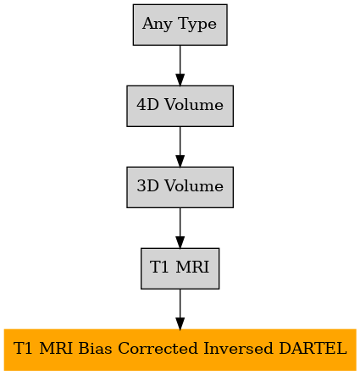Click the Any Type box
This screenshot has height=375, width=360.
tap(180, 25)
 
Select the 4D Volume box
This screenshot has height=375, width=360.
tap(180, 106)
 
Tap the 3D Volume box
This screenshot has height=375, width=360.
tap(180, 187)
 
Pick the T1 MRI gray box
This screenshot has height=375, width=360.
tap(180, 268)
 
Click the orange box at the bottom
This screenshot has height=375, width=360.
tap(180, 350)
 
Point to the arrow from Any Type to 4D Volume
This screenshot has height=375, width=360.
tap(180, 65)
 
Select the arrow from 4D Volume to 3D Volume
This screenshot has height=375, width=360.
tap(180, 146)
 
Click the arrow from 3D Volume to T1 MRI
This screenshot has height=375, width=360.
tap(180, 228)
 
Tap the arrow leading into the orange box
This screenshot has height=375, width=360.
tap(180, 309)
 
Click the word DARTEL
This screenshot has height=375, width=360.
tap(313, 348)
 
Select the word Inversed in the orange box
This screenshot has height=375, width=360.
tap(238, 348)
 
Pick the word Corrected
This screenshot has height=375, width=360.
tap(158, 348)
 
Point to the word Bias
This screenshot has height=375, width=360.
tap(95, 348)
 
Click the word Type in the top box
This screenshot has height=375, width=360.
tap(197, 25)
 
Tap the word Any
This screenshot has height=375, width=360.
tap(157, 25)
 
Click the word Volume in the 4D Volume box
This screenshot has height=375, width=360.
tap(194, 105)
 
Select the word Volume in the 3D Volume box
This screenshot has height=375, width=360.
tap(194, 186)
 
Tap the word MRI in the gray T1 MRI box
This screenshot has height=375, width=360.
tap(192, 267)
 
